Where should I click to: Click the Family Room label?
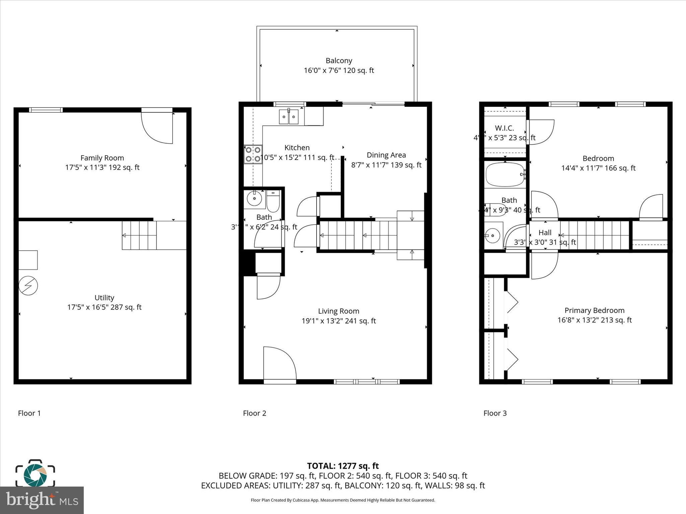click(x=102, y=158)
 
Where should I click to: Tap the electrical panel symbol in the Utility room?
click(x=28, y=285)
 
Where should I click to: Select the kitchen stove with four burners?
click(x=253, y=154)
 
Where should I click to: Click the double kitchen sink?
click(x=288, y=117)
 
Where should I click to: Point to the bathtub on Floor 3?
click(x=505, y=174)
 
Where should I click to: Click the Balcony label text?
click(x=339, y=61)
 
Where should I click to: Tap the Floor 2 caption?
click(x=255, y=413)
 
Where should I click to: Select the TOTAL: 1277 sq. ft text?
click(x=343, y=466)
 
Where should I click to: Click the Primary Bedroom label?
click(x=594, y=311)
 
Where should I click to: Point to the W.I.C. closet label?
click(x=504, y=128)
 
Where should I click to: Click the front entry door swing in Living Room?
click(x=279, y=364)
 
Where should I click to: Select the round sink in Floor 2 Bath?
click(x=254, y=199)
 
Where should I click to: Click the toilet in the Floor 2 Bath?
click(x=273, y=201)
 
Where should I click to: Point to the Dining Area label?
click(x=386, y=155)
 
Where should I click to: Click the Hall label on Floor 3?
click(x=545, y=233)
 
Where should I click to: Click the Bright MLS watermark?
click(x=42, y=500)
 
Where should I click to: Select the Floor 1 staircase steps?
click(x=139, y=235)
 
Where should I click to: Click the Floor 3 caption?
click(x=495, y=413)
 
